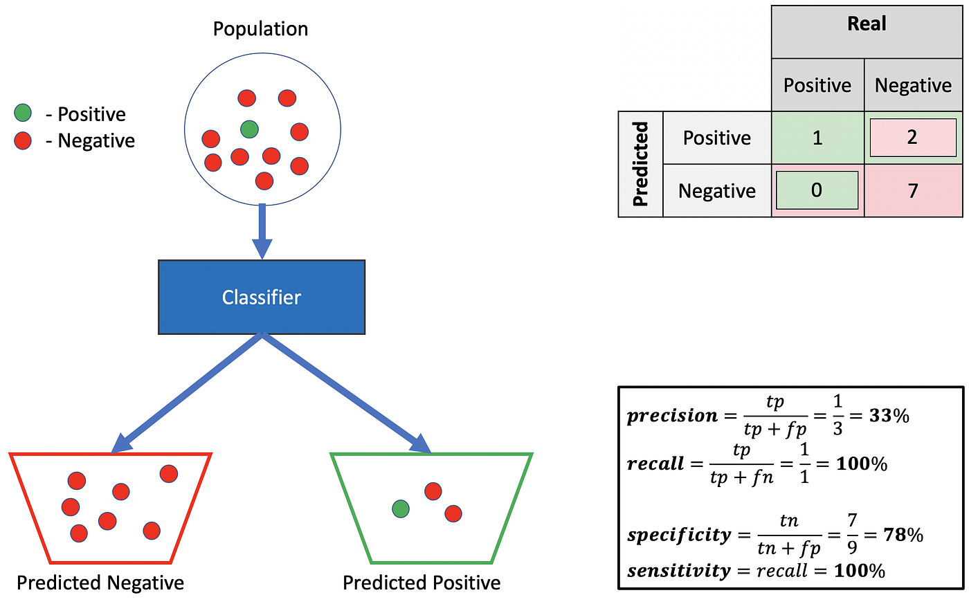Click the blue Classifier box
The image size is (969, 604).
[261, 298]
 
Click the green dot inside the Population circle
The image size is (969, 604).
[249, 129]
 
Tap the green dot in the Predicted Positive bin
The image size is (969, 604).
[401, 509]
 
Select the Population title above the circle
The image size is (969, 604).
[260, 29]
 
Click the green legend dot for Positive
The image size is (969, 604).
[23, 113]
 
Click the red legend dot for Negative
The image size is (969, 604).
[23, 140]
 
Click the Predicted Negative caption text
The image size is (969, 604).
[100, 583]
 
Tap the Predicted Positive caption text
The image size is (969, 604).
[422, 583]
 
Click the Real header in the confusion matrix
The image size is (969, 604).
[867, 24]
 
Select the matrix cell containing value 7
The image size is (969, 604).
[913, 191]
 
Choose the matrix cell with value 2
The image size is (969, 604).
[912, 137]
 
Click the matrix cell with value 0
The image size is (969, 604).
[817, 190]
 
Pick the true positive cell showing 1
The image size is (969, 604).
[817, 138]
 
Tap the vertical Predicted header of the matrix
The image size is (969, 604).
[641, 164]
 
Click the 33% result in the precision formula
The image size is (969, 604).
[889, 416]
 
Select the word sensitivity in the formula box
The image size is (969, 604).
[679, 571]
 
